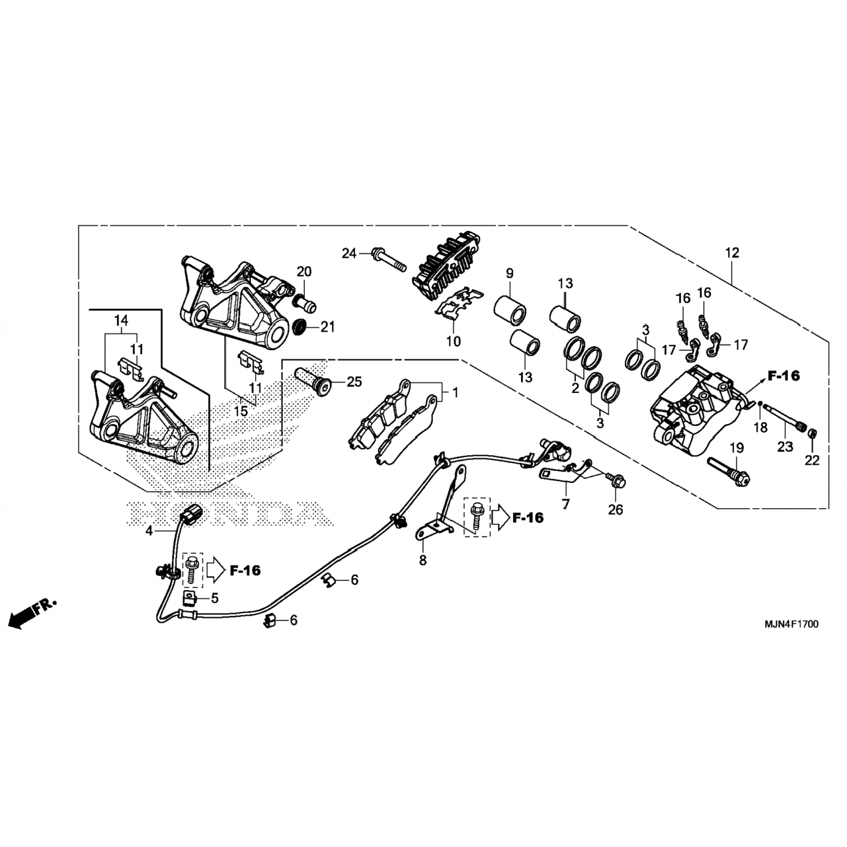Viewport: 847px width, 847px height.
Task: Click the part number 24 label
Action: [x=349, y=254]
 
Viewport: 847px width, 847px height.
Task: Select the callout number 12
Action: [x=732, y=253]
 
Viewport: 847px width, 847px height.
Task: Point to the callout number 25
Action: [x=354, y=382]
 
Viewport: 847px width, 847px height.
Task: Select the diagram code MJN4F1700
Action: [x=791, y=625]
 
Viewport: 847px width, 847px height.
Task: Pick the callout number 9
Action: [x=509, y=274]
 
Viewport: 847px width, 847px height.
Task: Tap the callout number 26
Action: [x=615, y=509]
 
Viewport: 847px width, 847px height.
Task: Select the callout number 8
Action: [x=423, y=560]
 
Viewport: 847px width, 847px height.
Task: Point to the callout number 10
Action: [x=453, y=341]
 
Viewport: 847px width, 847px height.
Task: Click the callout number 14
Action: [x=121, y=321]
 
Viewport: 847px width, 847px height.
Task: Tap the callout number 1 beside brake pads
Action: [x=455, y=391]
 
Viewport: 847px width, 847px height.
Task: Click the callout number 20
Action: [x=304, y=272]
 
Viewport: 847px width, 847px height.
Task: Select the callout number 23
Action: [x=785, y=446]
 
